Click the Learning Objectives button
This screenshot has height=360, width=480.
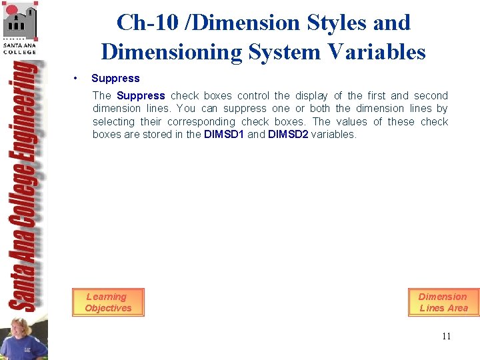tap(108, 302)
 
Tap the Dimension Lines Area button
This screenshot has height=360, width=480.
tap(443, 302)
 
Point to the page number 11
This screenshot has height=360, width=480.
tap(446, 336)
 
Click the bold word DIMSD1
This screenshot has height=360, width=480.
tap(223, 134)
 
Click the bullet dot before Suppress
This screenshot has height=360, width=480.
tap(78, 79)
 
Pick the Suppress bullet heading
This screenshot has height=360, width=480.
tap(115, 79)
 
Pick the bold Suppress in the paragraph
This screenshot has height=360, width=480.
tap(141, 95)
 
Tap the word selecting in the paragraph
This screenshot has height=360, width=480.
tap(113, 121)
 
